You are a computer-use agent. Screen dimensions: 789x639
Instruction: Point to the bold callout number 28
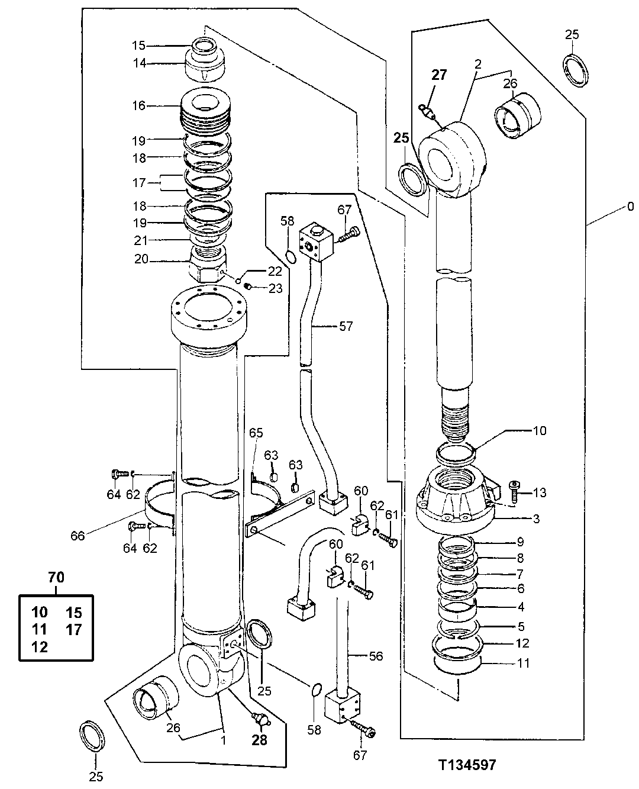click(260, 740)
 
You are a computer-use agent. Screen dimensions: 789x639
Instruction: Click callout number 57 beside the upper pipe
click(346, 326)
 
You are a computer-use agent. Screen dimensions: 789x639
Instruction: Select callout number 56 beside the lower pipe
click(376, 656)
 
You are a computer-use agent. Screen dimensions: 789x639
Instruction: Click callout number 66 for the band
click(78, 536)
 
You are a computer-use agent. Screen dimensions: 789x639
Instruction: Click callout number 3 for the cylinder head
click(536, 519)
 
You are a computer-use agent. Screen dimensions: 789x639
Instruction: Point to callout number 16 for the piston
click(138, 105)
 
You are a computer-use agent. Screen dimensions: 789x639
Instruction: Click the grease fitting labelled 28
click(259, 719)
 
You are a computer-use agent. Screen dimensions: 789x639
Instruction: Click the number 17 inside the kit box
click(73, 629)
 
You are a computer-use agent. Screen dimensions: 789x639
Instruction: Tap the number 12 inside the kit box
click(40, 646)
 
